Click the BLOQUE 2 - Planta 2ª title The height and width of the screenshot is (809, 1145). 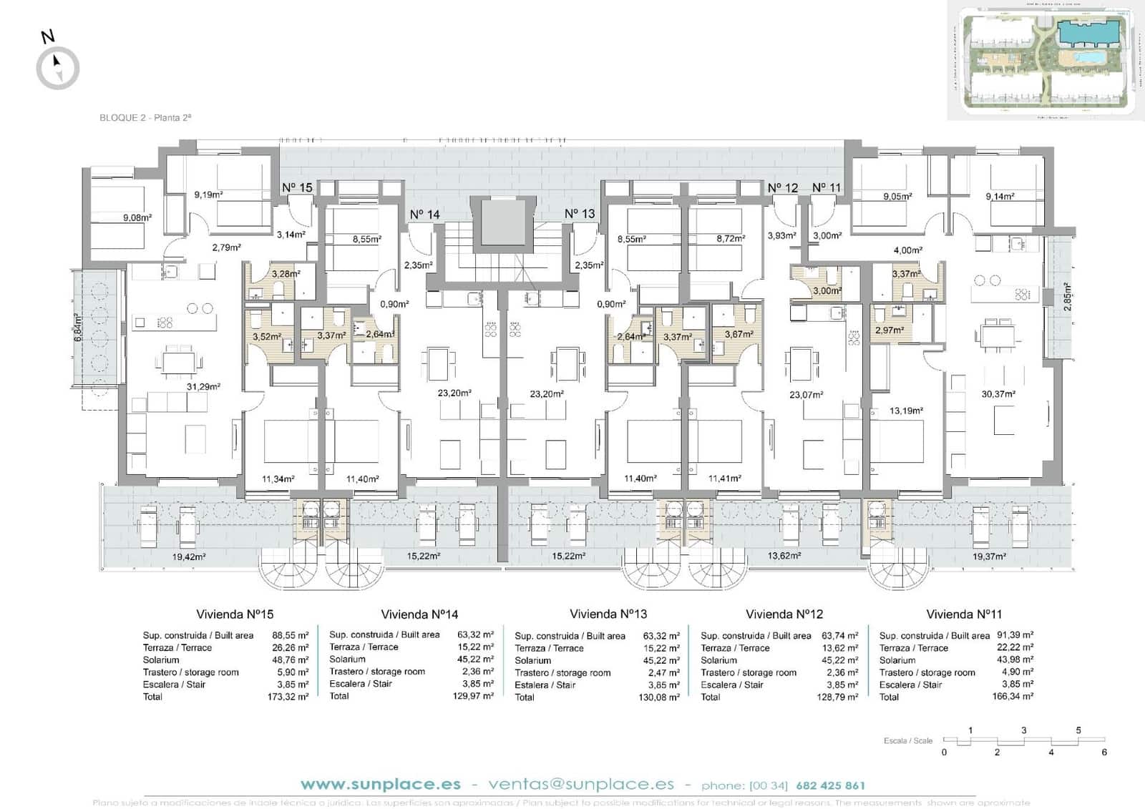(x=145, y=118)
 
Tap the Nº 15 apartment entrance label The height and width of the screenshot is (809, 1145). (x=297, y=187)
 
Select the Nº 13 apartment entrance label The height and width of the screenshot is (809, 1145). (x=580, y=213)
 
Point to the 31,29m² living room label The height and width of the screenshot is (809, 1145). (x=203, y=386)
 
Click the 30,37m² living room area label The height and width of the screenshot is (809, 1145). (x=998, y=394)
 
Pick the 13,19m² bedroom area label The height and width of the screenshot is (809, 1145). (x=906, y=411)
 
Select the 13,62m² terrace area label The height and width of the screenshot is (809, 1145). (x=784, y=555)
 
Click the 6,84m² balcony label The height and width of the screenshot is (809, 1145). (x=79, y=328)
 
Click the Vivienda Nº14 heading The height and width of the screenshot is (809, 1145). (x=419, y=614)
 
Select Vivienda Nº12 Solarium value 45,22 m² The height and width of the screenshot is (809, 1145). (x=839, y=660)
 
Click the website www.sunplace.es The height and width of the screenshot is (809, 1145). (x=381, y=785)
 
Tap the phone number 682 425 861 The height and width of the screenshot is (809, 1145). (x=830, y=785)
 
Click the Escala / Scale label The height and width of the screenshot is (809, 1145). (x=907, y=741)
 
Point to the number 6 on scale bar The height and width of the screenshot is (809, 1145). (x=1104, y=752)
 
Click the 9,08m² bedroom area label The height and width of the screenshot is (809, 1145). (x=137, y=218)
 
